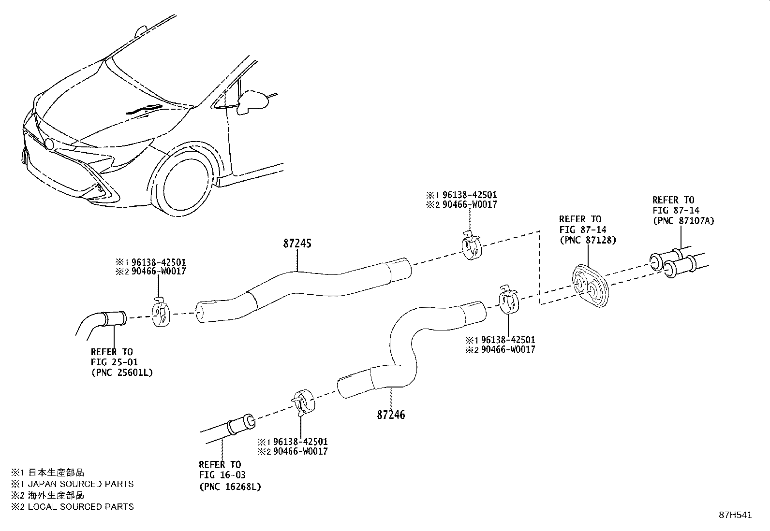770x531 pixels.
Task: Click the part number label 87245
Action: pos(297,244)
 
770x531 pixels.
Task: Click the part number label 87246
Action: pos(391,415)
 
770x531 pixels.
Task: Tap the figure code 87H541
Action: pos(735,515)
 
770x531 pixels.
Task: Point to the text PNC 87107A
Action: pos(683,221)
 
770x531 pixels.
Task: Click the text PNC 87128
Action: pos(588,240)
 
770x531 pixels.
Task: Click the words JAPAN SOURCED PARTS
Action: pos(81,484)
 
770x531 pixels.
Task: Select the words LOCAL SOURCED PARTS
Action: pos(81,507)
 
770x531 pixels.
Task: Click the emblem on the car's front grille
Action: pos(48,144)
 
